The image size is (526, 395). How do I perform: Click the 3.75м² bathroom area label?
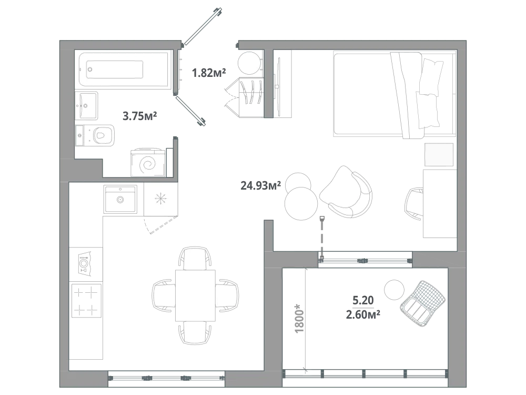(139, 116)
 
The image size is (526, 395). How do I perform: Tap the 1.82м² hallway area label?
(209, 72)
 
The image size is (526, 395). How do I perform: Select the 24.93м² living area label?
(261, 185)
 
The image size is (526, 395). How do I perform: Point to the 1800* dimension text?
(299, 319)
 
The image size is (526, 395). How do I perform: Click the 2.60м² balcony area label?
(363, 315)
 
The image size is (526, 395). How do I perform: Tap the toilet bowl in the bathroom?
(100, 135)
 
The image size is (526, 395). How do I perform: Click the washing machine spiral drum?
(148, 164)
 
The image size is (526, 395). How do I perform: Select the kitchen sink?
(120, 199)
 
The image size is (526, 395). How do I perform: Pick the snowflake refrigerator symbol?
(160, 199)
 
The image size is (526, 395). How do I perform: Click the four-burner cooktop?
(86, 301)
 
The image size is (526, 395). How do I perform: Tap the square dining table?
(195, 295)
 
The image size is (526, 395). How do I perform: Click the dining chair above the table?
(195, 258)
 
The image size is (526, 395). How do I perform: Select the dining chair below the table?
(195, 332)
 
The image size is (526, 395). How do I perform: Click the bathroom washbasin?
(87, 105)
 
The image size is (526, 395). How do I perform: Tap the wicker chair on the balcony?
(423, 304)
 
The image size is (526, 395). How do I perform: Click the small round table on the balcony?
(394, 290)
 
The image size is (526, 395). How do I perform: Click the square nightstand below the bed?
(439, 154)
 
